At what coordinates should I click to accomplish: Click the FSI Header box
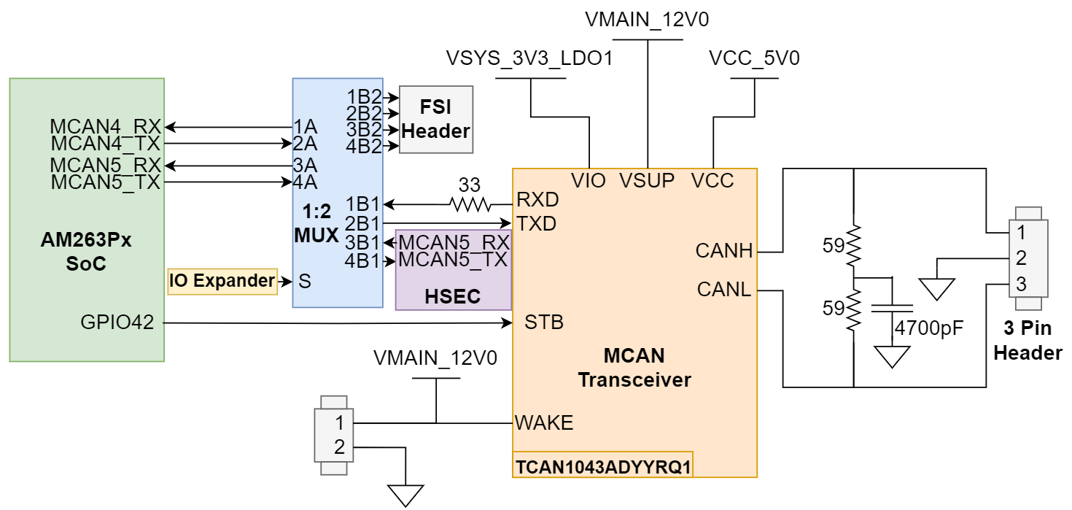436,120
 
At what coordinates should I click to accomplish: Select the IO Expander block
222,281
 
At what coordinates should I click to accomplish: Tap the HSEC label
453,296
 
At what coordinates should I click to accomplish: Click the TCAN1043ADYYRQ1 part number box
602,465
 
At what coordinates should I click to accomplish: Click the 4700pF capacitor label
930,328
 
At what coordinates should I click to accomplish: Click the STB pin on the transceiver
543,322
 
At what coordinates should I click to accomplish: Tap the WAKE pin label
544,422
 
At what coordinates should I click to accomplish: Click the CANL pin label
723,290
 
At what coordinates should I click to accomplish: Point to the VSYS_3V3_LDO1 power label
529,58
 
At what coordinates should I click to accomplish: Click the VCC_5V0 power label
754,58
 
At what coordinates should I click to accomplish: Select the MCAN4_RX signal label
105,127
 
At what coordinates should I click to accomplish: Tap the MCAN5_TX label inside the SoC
105,182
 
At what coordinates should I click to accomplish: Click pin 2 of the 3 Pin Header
1020,258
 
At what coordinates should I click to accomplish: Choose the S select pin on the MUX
305,281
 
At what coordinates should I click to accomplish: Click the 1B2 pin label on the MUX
364,96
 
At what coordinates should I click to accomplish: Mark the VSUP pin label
647,180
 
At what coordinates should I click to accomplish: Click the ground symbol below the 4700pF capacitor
893,357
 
